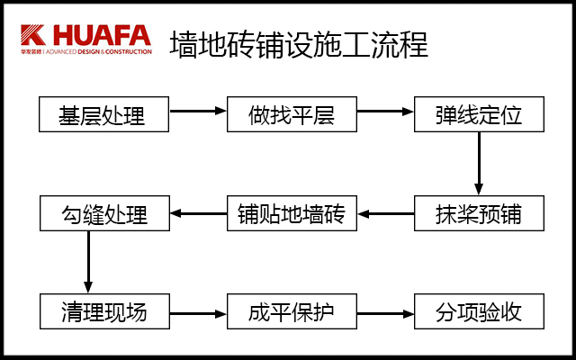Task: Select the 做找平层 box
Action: click(291, 115)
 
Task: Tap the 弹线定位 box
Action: click(479, 115)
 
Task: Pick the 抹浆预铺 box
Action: click(479, 214)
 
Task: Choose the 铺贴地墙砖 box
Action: click(291, 214)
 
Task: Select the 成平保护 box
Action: click(291, 312)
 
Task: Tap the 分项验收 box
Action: click(479, 312)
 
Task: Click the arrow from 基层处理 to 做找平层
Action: click(198, 111)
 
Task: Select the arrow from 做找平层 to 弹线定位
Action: click(385, 111)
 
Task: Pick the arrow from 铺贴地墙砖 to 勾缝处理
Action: click(198, 214)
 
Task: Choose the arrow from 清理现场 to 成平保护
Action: click(198, 314)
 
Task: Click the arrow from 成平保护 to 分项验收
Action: click(385, 314)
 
